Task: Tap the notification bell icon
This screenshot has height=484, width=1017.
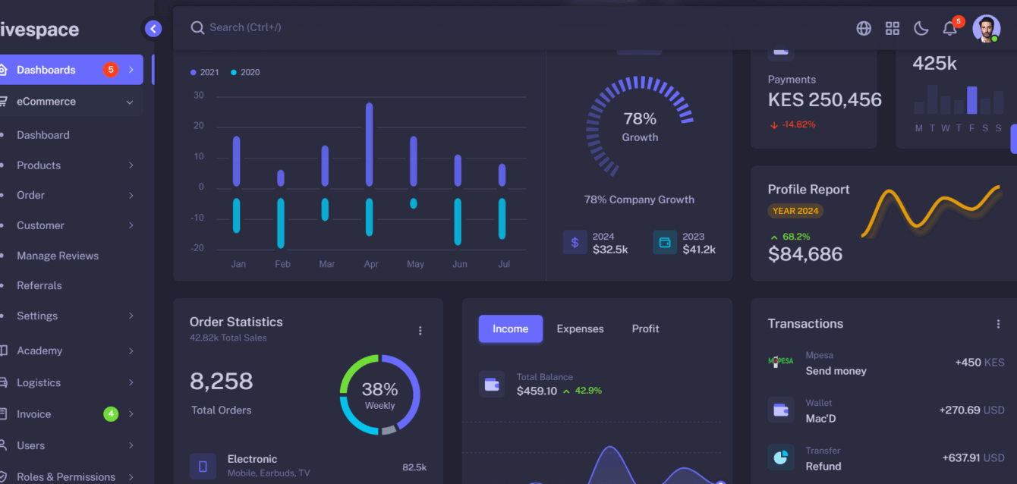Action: (x=949, y=28)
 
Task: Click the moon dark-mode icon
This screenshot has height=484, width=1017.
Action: (x=921, y=28)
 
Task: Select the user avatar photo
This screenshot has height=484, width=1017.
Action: (x=986, y=28)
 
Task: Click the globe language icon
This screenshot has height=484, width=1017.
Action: (x=864, y=28)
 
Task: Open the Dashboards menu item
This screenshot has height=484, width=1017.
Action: (x=68, y=70)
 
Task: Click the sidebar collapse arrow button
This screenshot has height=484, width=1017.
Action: (x=153, y=29)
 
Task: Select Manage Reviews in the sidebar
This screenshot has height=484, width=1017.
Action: (x=58, y=256)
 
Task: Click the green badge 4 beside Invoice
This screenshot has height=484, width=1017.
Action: (x=111, y=414)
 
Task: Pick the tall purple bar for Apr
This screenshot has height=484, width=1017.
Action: (x=369, y=144)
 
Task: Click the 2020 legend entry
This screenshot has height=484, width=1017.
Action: (x=245, y=72)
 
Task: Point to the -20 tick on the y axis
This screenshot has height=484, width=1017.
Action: (x=197, y=248)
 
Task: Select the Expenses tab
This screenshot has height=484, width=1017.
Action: (x=580, y=328)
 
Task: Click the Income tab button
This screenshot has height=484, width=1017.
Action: (x=510, y=328)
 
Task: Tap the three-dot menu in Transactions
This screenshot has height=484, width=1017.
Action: (x=998, y=324)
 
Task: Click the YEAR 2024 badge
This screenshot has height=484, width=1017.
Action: (x=795, y=211)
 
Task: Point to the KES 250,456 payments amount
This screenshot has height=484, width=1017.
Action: (x=824, y=100)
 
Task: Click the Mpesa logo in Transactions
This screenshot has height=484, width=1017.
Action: (x=780, y=362)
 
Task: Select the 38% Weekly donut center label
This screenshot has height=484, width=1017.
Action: (x=379, y=394)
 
